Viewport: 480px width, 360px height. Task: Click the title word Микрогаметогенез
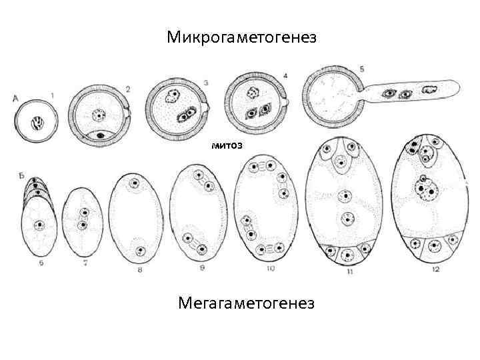pyautogui.click(x=241, y=37)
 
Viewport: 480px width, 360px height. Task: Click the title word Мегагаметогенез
pyautogui.click(x=246, y=304)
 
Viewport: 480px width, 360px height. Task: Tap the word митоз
pyautogui.click(x=225, y=144)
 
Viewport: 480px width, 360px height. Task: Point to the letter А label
pyautogui.click(x=15, y=99)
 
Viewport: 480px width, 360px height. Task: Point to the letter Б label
pyautogui.click(x=22, y=175)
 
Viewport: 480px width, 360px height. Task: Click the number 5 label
pyautogui.click(x=362, y=69)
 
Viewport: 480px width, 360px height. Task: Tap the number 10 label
pyautogui.click(x=270, y=269)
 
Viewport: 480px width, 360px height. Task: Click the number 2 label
pyautogui.click(x=128, y=89)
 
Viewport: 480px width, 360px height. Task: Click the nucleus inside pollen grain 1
pyautogui.click(x=38, y=123)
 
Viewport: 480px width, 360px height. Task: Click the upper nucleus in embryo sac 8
pyautogui.click(x=135, y=183)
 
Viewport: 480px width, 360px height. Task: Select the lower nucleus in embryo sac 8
pyautogui.click(x=140, y=250)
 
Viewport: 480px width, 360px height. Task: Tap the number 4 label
pyautogui.click(x=285, y=76)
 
